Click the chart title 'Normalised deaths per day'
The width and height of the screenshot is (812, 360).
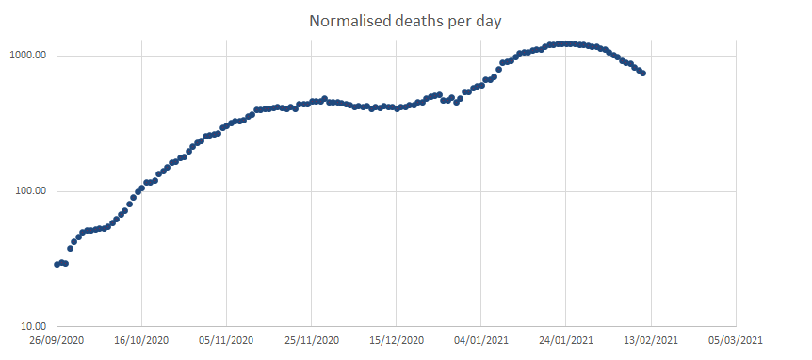[405, 21]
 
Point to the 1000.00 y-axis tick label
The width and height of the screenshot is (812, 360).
[29, 56]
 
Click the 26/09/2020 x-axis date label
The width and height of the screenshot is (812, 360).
[57, 340]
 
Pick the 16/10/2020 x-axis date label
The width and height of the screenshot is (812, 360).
[141, 340]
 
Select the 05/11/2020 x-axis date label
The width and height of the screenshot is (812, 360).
[226, 340]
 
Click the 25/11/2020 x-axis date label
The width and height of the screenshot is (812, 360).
[311, 340]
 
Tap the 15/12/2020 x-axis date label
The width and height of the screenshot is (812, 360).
[396, 340]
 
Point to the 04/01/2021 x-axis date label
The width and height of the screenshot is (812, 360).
[480, 340]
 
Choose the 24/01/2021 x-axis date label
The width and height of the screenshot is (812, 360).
[565, 340]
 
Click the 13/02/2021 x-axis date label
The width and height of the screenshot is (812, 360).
[650, 340]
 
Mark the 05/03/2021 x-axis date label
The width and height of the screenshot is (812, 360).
[735, 340]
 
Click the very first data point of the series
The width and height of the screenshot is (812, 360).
[57, 264]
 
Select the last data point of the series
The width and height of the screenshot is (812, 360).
[642, 73]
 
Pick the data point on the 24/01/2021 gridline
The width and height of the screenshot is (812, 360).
[565, 43]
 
